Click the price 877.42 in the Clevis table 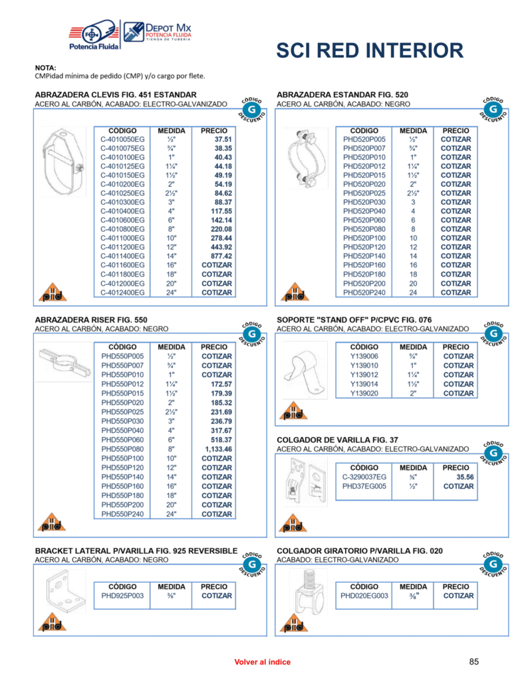[x=217, y=256]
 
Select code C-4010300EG [x=122, y=202]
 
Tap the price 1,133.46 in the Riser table [x=217, y=450]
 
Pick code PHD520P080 [x=364, y=229]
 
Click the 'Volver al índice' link [x=262, y=662]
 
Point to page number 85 [x=474, y=661]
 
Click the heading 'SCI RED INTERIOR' [x=369, y=51]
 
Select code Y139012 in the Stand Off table [x=364, y=375]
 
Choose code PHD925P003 [x=122, y=596]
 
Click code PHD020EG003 [x=364, y=596]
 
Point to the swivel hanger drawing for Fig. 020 [x=307, y=594]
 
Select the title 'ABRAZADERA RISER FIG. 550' [x=91, y=320]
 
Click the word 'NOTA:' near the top [x=46, y=68]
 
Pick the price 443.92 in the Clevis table [x=217, y=247]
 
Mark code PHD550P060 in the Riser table [x=122, y=440]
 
